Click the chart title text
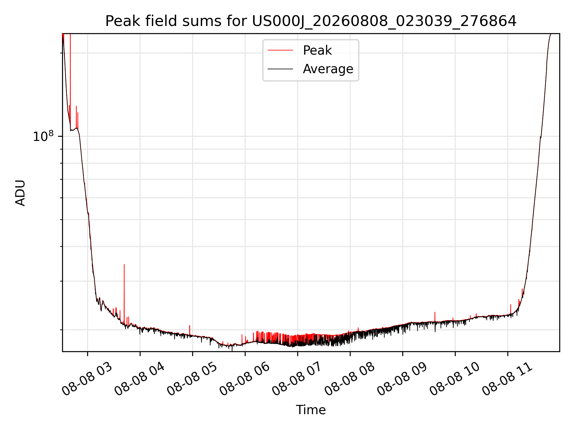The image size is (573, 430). click(x=311, y=21)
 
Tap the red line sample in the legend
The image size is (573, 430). click(x=280, y=50)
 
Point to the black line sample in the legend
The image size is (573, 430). click(x=280, y=69)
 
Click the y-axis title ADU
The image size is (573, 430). click(x=20, y=193)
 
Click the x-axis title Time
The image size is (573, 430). click(x=311, y=410)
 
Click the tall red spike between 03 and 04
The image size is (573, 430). click(x=124, y=293)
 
